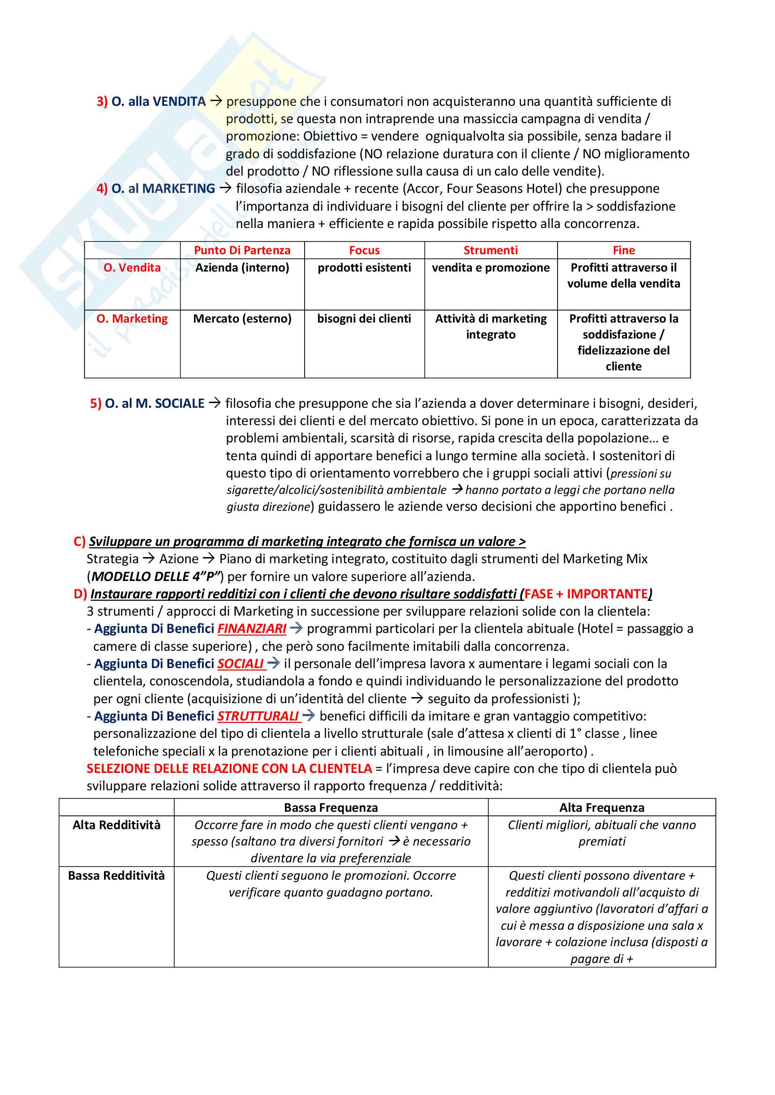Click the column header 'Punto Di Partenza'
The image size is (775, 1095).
click(x=242, y=250)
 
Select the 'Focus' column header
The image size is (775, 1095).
click(x=364, y=250)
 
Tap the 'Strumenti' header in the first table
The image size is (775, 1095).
click(x=491, y=250)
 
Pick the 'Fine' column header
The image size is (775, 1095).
click(x=624, y=250)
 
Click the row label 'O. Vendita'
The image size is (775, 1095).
click(x=132, y=268)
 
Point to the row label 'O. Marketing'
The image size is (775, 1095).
click(x=132, y=319)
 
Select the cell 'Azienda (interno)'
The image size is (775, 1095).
click(x=242, y=268)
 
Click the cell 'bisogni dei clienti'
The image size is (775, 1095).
click(x=364, y=319)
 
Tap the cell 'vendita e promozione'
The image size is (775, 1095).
click(x=491, y=268)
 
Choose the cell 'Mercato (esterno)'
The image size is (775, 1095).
click(x=242, y=319)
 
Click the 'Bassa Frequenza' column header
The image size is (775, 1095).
click(x=331, y=808)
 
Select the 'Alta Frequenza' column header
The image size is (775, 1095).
click(x=602, y=808)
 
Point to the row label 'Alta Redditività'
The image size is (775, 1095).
click(x=117, y=825)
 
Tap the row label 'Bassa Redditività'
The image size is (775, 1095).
click(x=117, y=875)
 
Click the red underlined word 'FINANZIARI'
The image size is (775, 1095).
click(x=252, y=629)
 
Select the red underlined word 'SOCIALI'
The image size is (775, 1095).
click(x=240, y=664)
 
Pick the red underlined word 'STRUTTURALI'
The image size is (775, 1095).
click(x=258, y=716)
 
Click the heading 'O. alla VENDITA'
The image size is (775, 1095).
click(x=158, y=102)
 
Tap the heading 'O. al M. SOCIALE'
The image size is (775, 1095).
click(x=155, y=404)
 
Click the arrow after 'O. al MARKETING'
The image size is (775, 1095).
click(x=225, y=188)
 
